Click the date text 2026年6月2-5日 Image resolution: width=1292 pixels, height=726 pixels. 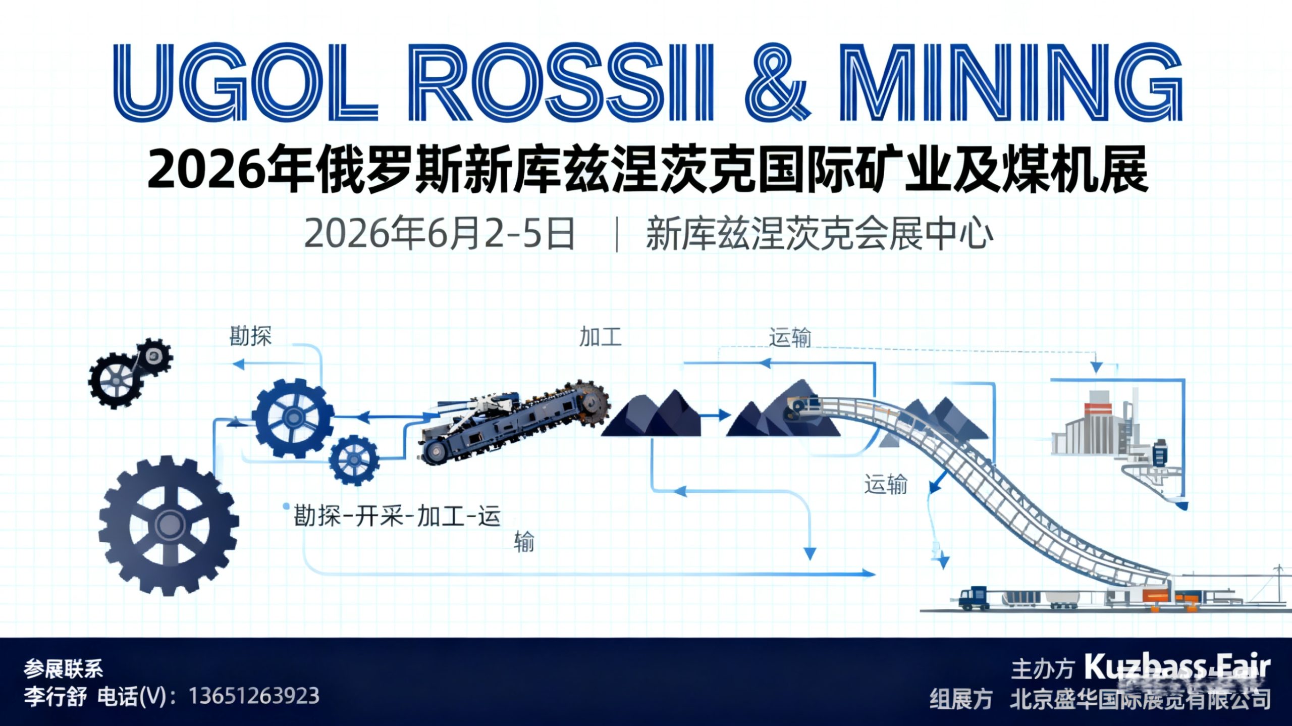point(439,234)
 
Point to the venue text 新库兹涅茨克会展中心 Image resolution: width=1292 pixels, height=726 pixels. point(820,234)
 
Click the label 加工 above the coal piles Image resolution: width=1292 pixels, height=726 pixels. point(600,337)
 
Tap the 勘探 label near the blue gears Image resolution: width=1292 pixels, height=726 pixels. point(250,336)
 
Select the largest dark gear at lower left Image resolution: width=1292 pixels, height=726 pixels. point(169,525)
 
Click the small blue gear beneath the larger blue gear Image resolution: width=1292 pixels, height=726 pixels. point(353,460)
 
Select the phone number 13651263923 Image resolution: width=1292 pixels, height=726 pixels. point(254,696)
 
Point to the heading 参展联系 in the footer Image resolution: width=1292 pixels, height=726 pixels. point(63,669)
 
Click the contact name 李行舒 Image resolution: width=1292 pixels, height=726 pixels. point(55,697)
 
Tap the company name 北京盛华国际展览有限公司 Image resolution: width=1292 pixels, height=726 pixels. point(1140,699)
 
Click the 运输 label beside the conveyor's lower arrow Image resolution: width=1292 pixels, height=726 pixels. point(885,484)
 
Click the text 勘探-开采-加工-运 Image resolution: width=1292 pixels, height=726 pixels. point(397,516)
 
